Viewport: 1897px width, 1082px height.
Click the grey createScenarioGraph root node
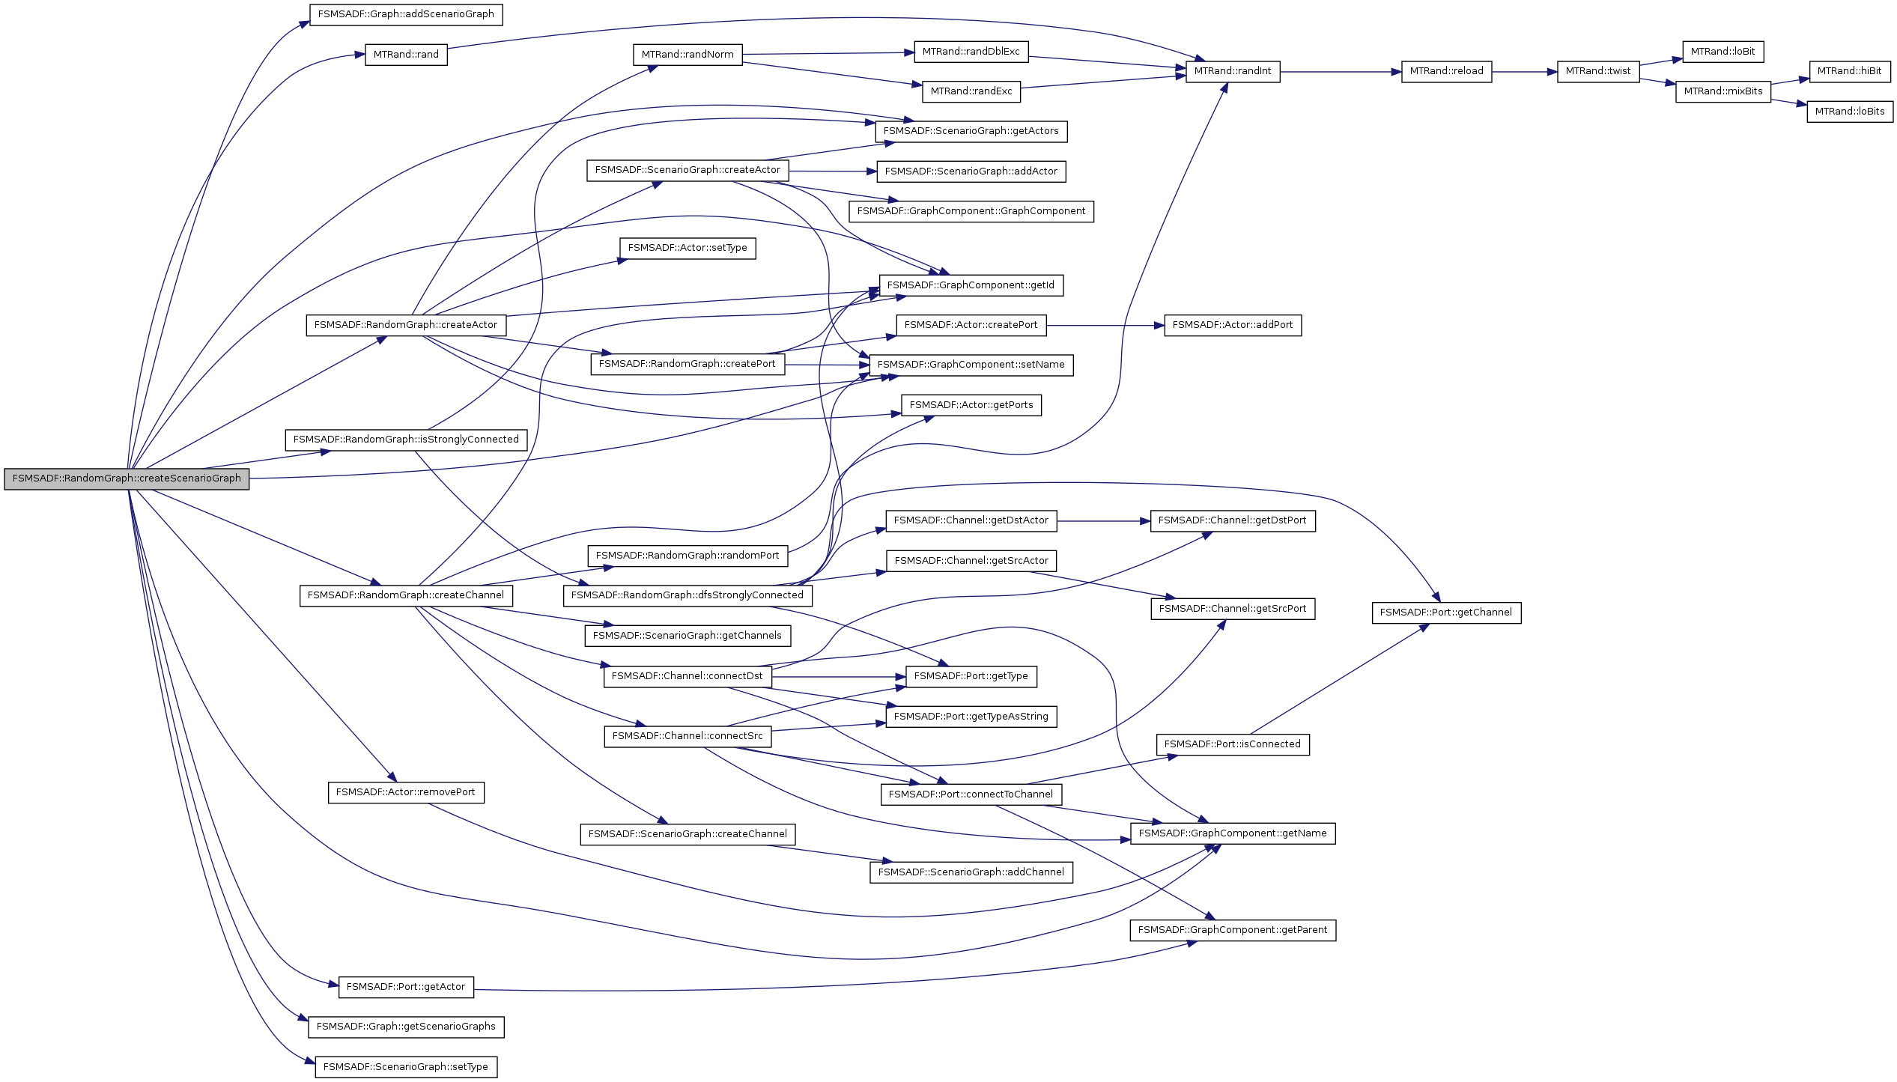tap(127, 478)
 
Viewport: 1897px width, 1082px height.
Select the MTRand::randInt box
tap(1232, 71)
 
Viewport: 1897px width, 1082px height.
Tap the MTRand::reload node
tap(1445, 71)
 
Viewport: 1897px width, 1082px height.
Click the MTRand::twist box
tap(1597, 71)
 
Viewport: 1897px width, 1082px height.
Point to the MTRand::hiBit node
tap(1849, 71)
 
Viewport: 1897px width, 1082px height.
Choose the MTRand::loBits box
tap(1849, 112)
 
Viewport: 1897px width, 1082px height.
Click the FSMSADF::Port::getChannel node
tap(1445, 613)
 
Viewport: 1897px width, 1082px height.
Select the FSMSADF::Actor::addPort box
tap(1232, 325)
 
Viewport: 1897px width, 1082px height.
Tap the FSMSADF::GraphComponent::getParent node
tap(1232, 930)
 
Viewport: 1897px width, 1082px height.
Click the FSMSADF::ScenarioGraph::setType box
tap(405, 1067)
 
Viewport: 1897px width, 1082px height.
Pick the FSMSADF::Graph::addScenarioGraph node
tap(405, 14)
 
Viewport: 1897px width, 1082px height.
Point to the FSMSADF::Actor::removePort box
tap(405, 792)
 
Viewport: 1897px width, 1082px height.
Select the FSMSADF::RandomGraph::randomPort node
tap(687, 556)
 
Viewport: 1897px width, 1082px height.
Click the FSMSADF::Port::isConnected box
tap(1232, 744)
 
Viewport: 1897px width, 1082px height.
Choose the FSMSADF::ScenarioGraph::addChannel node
tap(971, 872)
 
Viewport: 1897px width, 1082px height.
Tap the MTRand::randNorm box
tap(687, 55)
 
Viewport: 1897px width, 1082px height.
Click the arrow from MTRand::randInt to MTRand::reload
tap(1341, 72)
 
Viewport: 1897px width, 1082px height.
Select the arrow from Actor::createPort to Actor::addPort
tap(1105, 326)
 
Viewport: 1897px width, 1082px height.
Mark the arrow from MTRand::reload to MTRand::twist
tap(1524, 72)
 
